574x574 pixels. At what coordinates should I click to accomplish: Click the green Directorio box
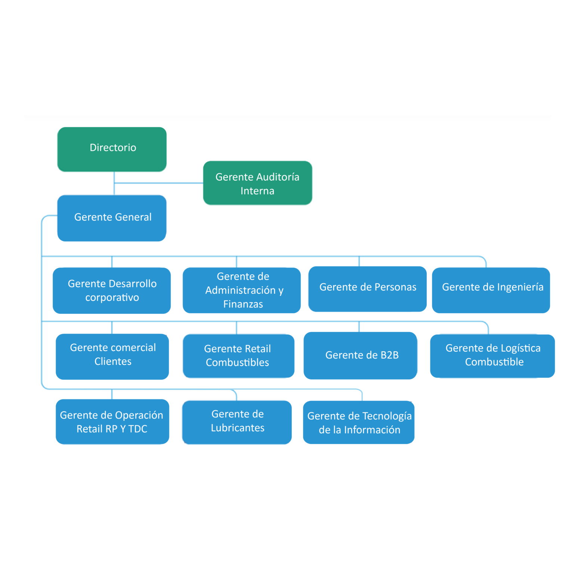[x=112, y=149]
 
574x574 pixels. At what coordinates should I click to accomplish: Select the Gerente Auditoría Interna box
[x=257, y=183]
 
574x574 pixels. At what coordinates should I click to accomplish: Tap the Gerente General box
[x=112, y=218]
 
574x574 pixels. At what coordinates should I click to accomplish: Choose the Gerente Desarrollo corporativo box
[x=112, y=290]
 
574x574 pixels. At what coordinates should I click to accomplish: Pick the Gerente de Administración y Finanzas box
[x=241, y=290]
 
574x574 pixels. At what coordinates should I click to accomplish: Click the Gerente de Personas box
[x=367, y=289]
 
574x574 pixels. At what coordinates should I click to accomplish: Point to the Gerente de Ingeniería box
[x=491, y=290]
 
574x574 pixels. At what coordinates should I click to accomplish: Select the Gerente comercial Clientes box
[x=112, y=357]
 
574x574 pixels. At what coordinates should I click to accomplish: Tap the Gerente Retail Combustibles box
[x=238, y=356]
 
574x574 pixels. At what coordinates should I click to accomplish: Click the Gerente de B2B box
[x=360, y=355]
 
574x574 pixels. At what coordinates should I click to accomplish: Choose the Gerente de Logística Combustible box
[x=492, y=356]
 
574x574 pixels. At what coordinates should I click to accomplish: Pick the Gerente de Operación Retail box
[x=112, y=422]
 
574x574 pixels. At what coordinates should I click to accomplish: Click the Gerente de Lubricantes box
[x=237, y=422]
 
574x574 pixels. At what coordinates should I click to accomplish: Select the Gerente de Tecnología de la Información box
[x=359, y=422]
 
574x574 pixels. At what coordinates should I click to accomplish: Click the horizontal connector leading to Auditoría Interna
[x=159, y=183]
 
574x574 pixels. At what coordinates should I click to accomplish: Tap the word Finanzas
[x=243, y=304]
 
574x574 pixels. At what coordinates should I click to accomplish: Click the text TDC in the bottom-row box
[x=138, y=429]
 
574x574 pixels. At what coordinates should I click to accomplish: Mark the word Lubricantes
[x=238, y=428]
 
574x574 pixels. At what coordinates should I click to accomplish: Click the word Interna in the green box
[x=257, y=191]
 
